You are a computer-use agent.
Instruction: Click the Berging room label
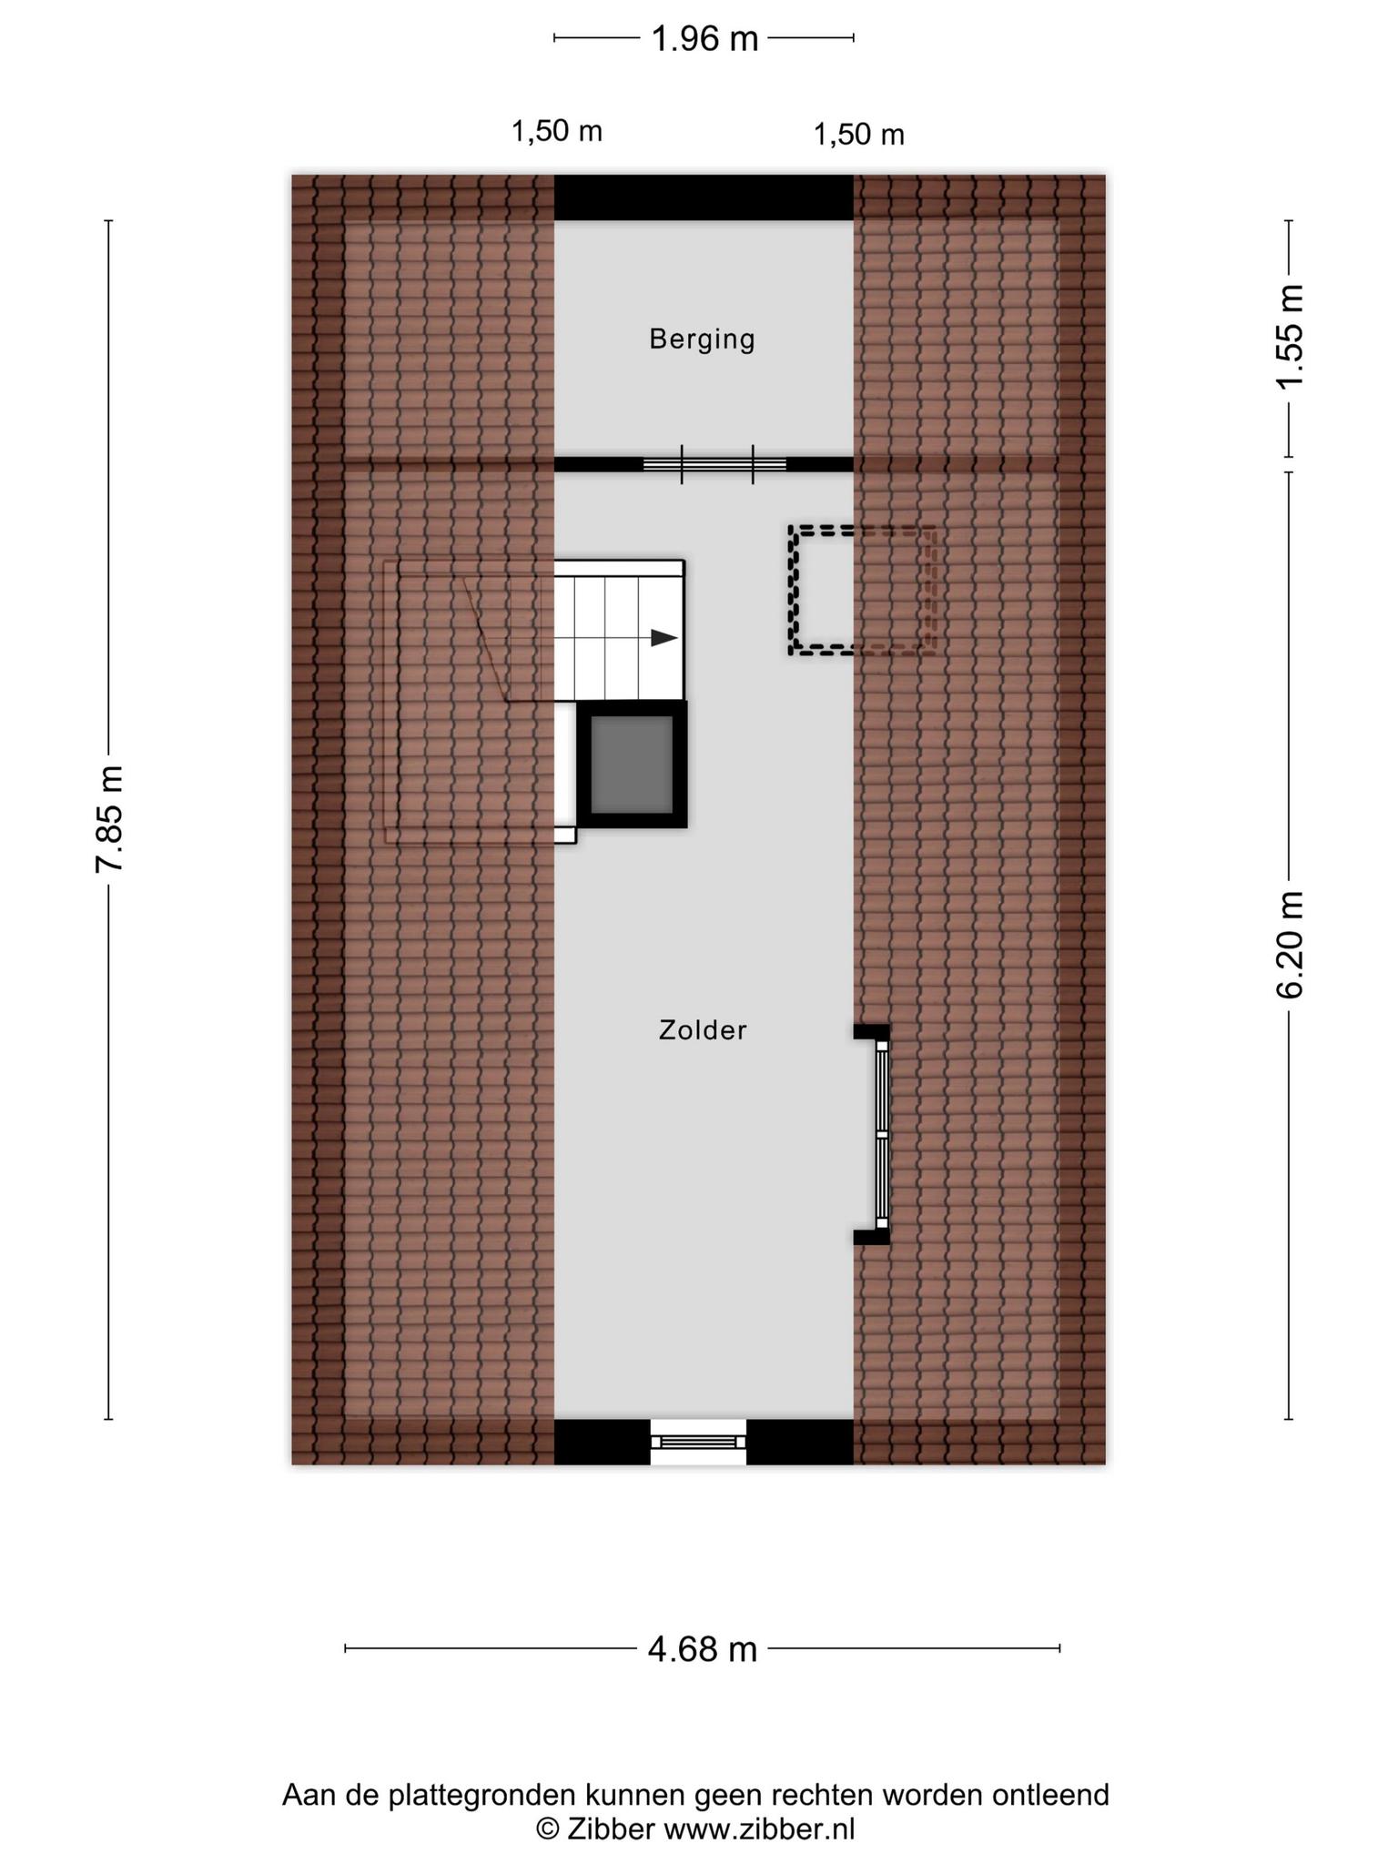click(x=702, y=339)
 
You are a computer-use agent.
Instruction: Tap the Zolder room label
click(x=703, y=1030)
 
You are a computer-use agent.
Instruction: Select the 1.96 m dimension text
click(x=704, y=39)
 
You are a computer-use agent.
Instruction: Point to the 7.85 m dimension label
click(x=109, y=819)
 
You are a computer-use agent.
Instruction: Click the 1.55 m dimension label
click(x=1290, y=337)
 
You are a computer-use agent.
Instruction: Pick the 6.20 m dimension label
click(x=1290, y=945)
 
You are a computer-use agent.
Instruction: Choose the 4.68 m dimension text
click(x=703, y=1649)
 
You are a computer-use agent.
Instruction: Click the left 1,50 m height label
click(x=557, y=132)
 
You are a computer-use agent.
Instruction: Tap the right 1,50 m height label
click(x=858, y=135)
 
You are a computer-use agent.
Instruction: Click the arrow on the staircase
click(x=664, y=638)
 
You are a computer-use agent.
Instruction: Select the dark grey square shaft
click(x=633, y=765)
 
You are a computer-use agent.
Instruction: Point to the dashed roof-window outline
click(x=862, y=590)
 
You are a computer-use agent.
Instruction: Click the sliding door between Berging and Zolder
click(x=715, y=464)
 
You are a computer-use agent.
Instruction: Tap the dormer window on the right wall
click(x=880, y=1134)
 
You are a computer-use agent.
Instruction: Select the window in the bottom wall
click(x=698, y=1442)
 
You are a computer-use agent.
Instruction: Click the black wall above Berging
click(x=704, y=197)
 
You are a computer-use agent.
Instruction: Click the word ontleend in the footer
click(x=1050, y=1795)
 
